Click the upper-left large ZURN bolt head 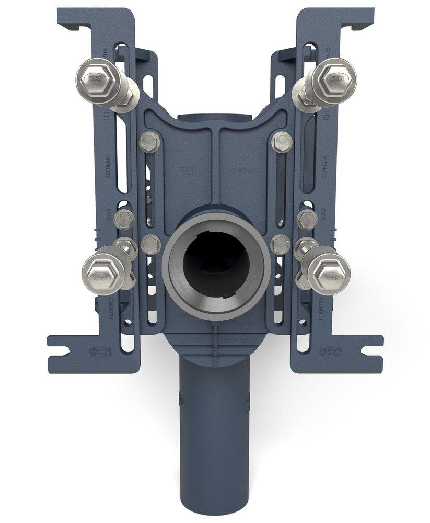tap(96, 79)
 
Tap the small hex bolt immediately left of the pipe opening tap(150, 243)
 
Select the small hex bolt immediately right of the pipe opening tap(281, 243)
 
